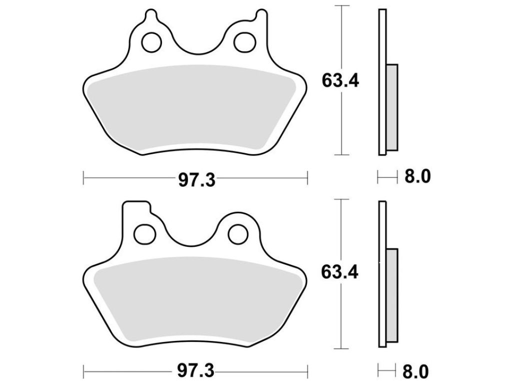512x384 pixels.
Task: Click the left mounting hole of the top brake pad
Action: [151, 42]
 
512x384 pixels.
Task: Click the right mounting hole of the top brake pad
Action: [244, 42]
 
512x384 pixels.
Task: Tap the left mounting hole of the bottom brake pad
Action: [145, 234]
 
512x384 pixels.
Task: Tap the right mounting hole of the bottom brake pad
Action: [238, 234]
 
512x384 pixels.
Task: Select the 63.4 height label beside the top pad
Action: [340, 81]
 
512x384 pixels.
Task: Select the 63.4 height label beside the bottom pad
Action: [339, 272]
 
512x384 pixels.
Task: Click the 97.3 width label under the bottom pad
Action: [196, 370]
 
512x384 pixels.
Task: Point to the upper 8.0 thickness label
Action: [417, 177]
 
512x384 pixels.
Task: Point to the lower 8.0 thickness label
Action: [415, 371]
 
